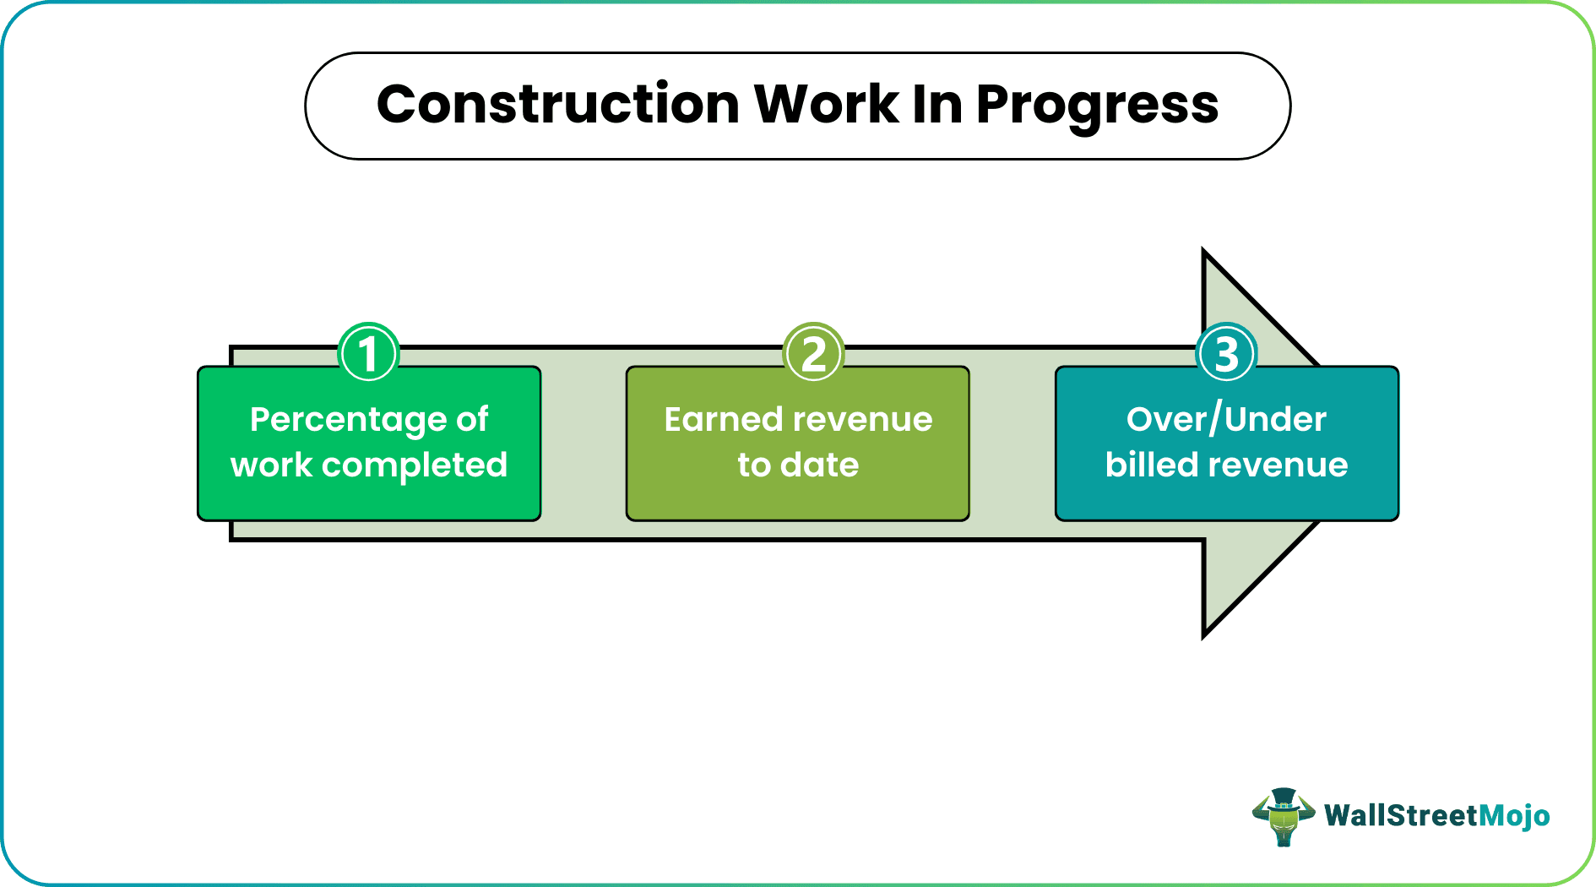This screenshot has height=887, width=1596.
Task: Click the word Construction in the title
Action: (558, 104)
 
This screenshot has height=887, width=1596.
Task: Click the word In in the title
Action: (937, 104)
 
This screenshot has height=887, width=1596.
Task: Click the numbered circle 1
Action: (368, 352)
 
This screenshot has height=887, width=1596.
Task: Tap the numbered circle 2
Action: (813, 352)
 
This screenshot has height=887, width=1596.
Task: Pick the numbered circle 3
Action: (1227, 352)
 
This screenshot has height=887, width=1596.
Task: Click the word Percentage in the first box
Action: (347, 420)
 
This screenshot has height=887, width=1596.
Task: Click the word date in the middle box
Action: (820, 465)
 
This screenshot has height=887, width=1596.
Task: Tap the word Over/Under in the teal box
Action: (1226, 420)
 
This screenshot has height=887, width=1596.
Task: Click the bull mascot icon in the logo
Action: (1283, 817)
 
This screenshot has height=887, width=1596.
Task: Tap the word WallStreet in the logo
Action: (1402, 815)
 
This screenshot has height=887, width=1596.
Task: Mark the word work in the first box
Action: (272, 465)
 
